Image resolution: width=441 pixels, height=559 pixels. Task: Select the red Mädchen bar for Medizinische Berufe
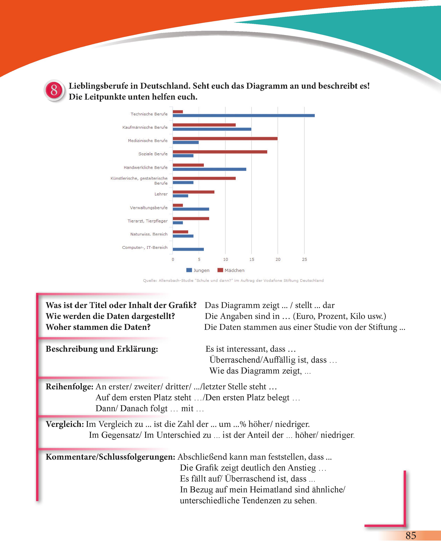(225, 139)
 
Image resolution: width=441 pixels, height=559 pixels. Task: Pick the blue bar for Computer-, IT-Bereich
(188, 249)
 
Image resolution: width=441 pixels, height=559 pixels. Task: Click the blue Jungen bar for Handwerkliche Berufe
(209, 169)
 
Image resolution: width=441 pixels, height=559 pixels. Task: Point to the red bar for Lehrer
(193, 192)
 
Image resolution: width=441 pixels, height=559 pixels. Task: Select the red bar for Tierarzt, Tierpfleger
(191, 218)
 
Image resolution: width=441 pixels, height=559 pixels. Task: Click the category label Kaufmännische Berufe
(145, 127)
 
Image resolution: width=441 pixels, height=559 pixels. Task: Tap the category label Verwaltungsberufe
(149, 208)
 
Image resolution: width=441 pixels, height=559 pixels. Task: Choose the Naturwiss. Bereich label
(149, 234)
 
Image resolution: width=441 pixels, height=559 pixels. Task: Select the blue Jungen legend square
(189, 270)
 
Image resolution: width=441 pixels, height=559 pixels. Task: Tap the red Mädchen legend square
(220, 270)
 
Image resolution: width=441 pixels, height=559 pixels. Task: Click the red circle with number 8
(54, 90)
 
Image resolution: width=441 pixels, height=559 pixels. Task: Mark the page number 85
(411, 536)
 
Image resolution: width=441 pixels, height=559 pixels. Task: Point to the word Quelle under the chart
(150, 280)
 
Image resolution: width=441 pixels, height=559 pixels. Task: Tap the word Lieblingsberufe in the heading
(98, 86)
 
